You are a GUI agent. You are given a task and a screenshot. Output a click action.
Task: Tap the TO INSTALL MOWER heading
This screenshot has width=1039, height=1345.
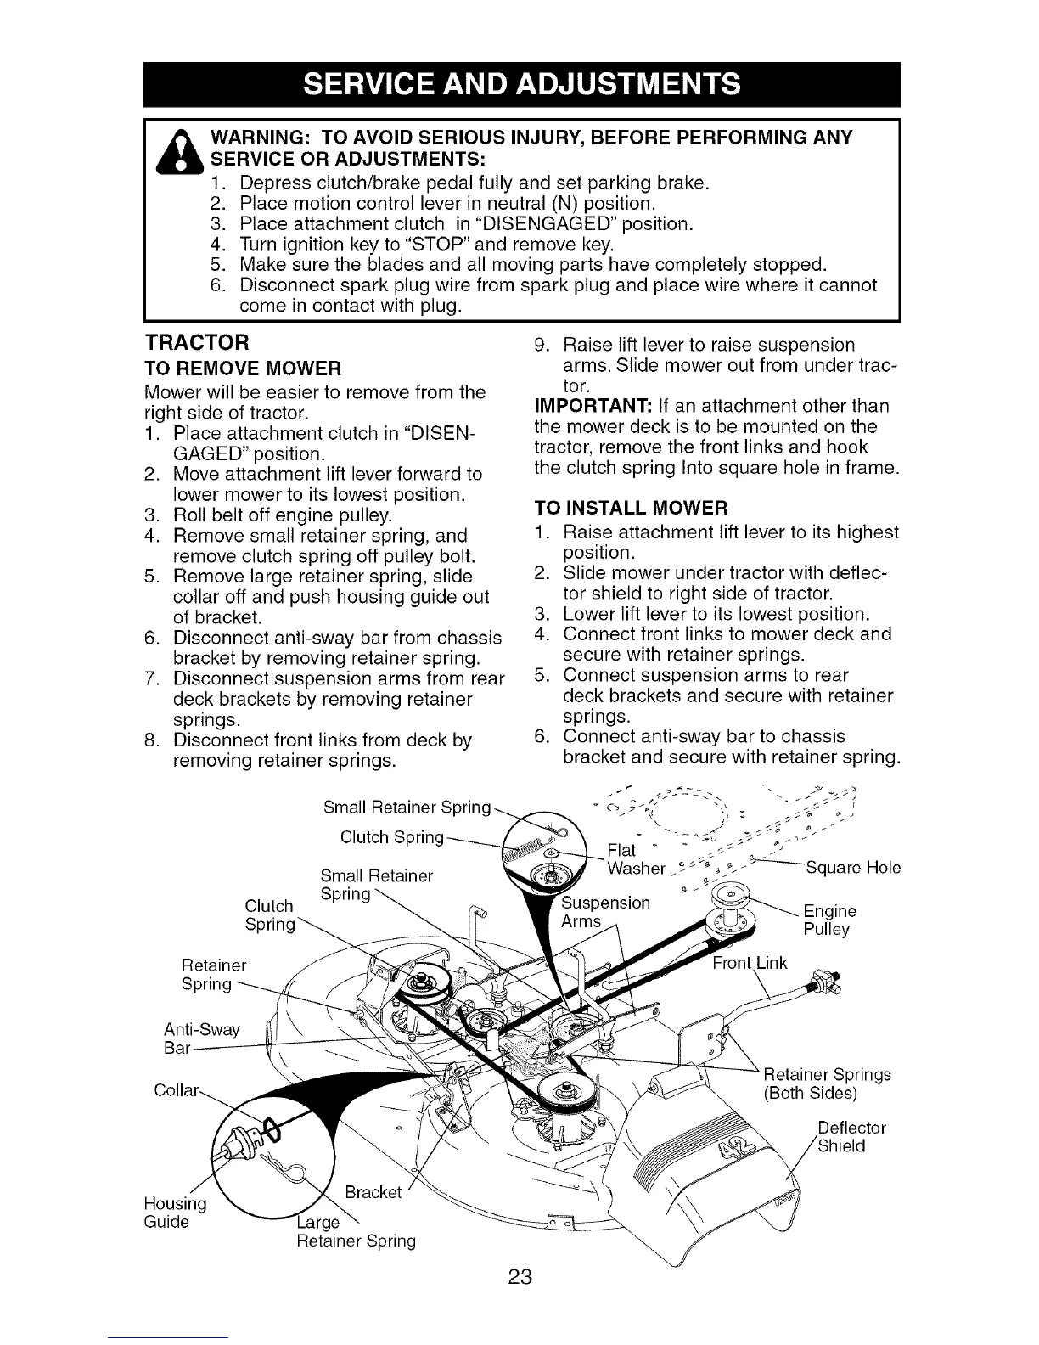630,509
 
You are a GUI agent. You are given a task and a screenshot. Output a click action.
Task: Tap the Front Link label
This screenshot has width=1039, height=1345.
750,962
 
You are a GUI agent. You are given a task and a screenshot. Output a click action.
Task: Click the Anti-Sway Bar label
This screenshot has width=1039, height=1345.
201,1038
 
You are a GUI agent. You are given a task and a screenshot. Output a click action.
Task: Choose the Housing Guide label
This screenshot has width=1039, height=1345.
172,1213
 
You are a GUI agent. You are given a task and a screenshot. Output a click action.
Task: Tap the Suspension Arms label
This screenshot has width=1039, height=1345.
606,911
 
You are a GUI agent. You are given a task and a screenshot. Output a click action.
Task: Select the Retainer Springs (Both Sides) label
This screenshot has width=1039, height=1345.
827,1083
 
